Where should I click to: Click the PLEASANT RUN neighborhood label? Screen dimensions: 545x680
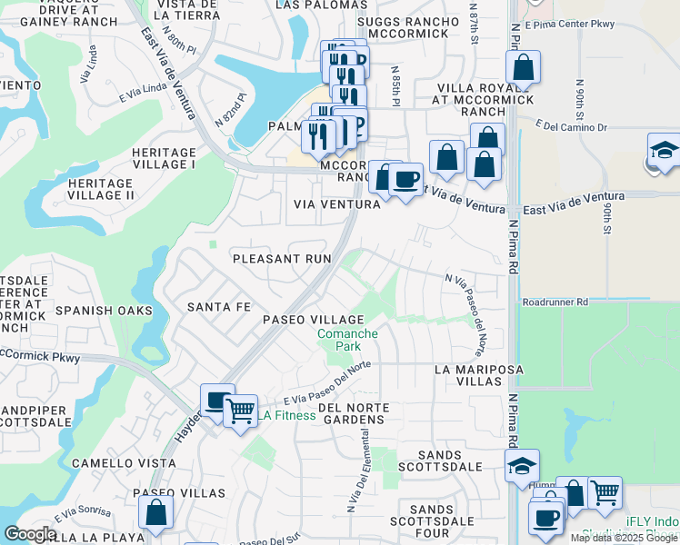point(282,259)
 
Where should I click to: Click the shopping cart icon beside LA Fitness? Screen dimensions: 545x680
point(240,411)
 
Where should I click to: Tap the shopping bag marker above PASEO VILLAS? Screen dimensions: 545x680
point(155,512)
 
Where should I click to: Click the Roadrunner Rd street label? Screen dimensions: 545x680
point(555,302)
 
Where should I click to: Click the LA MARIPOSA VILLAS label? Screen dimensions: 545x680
point(468,376)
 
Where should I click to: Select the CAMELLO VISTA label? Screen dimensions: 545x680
point(124,462)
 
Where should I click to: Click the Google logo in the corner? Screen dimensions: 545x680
point(30,534)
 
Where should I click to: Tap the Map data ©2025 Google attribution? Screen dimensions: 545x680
point(623,538)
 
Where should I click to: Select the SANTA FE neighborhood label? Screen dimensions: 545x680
point(218,307)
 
